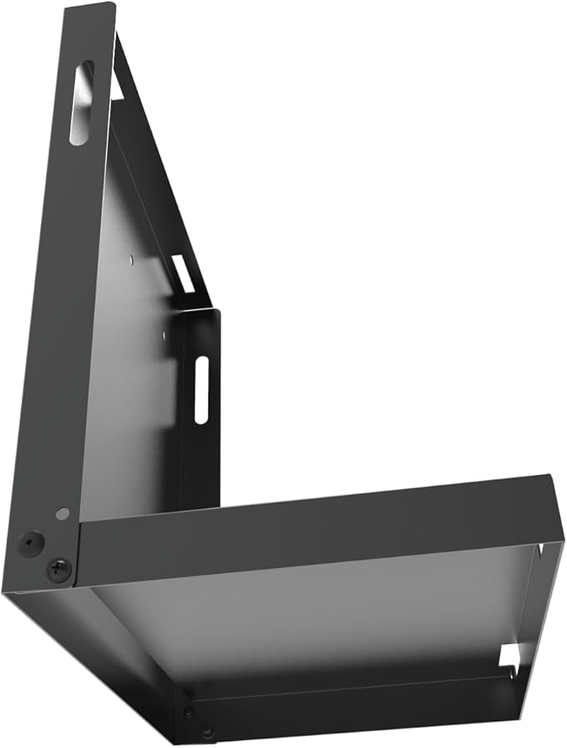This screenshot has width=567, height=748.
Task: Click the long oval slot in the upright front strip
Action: tap(83, 103)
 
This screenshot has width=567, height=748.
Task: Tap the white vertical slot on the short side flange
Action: tap(201, 389)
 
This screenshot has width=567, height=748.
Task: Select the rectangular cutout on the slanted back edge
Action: tap(183, 273)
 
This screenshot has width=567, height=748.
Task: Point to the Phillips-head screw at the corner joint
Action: tap(58, 570)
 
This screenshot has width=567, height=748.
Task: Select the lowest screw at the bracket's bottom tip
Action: tap(207, 733)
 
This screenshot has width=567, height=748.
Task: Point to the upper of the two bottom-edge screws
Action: tap(189, 712)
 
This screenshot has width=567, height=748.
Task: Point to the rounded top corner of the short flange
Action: tap(215, 313)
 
